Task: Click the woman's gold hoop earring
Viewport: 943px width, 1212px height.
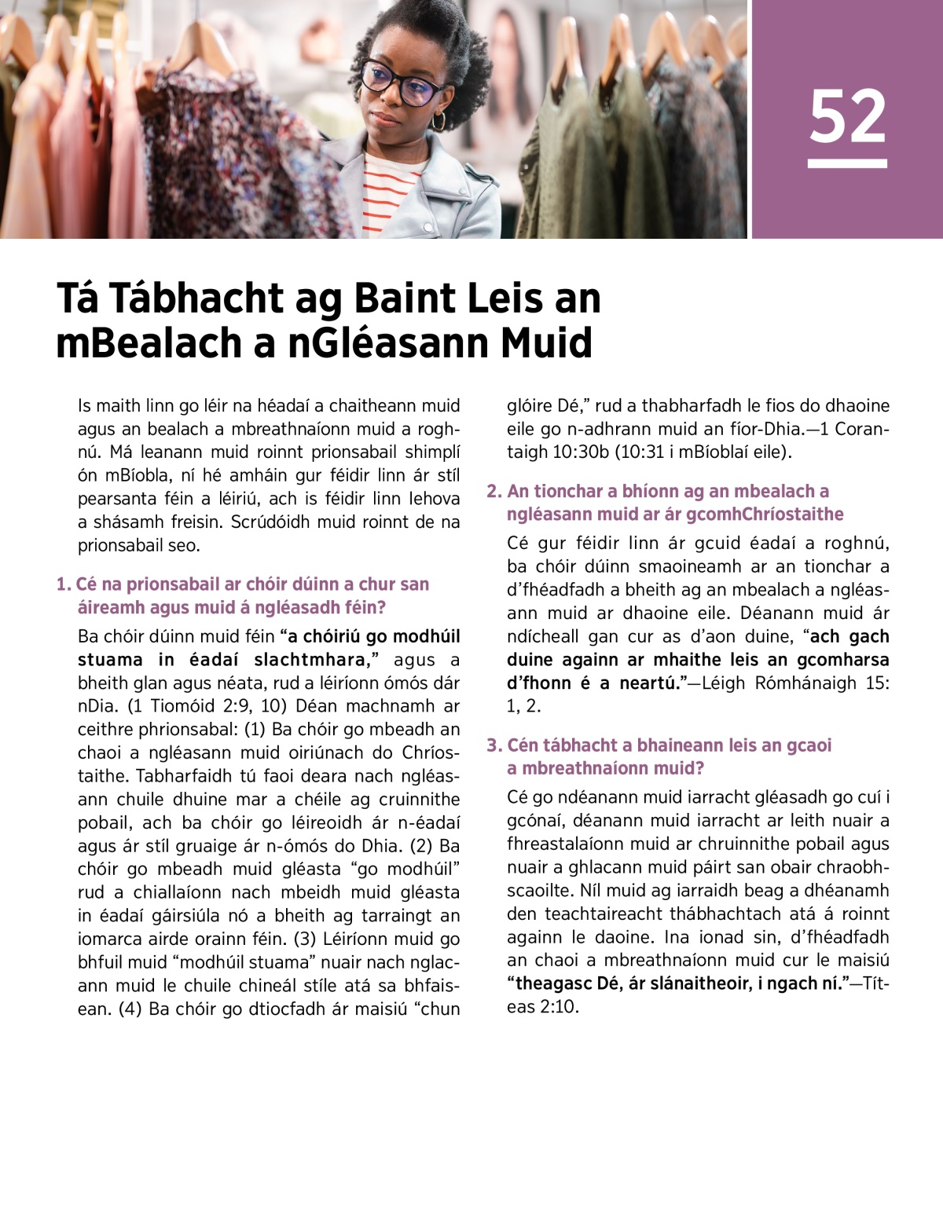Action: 438,120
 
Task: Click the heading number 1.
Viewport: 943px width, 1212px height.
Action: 62,584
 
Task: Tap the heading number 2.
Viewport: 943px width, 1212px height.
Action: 493,492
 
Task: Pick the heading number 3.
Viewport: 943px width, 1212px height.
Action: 493,745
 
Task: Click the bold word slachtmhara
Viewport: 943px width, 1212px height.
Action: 312,660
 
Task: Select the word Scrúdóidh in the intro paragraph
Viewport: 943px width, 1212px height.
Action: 266,522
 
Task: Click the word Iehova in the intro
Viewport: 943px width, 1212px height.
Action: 434,499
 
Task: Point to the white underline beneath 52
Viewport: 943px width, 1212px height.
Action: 847,163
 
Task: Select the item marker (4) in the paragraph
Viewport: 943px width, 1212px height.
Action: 130,1009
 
